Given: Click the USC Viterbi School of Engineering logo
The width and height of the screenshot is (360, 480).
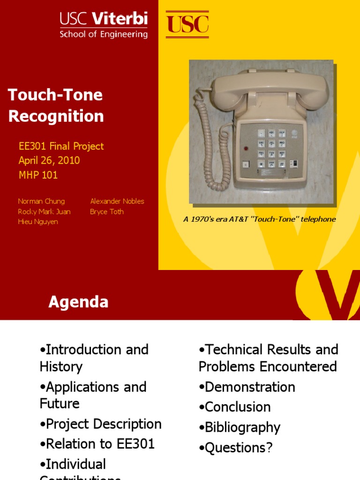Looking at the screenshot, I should click(x=103, y=25).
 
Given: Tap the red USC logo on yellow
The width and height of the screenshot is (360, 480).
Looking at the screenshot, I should click(x=187, y=24).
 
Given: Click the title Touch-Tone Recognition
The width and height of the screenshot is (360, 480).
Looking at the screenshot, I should click(x=55, y=105).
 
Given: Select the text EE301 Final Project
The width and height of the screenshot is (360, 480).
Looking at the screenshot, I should click(x=61, y=146).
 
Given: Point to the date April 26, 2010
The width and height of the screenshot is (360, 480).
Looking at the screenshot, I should click(x=49, y=160).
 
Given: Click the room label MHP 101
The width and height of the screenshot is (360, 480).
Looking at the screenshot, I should click(x=38, y=175).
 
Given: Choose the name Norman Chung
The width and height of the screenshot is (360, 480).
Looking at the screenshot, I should click(x=41, y=201).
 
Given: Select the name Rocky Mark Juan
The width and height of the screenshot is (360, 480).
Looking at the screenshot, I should click(x=44, y=211).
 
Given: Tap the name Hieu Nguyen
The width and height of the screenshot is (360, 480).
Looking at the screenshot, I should click(x=38, y=222).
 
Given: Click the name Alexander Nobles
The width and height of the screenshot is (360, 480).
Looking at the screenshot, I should click(x=117, y=201).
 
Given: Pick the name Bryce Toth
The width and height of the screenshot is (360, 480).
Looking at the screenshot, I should click(x=107, y=211).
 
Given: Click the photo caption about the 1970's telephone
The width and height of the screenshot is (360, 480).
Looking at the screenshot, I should click(x=259, y=219).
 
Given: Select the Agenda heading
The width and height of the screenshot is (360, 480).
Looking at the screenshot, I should click(x=78, y=302).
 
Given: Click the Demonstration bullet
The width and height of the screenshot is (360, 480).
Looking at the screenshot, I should click(x=247, y=387).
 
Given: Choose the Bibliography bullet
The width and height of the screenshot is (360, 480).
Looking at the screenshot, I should click(x=240, y=427).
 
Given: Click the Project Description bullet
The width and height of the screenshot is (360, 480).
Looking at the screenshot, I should click(x=101, y=424).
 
